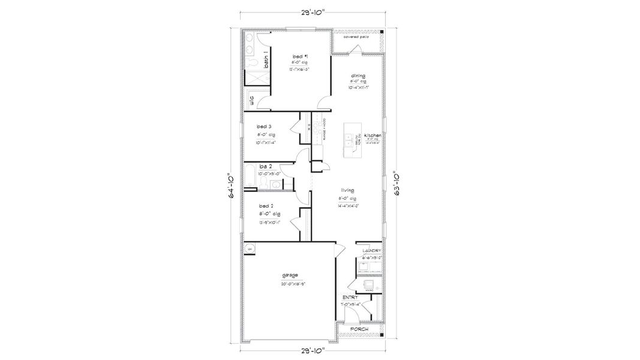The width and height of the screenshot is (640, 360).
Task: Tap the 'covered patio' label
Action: [356, 37]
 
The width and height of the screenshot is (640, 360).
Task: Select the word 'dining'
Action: [358, 76]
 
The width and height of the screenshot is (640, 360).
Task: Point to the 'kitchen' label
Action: [372, 136]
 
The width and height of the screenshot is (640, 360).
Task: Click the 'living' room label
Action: [347, 190]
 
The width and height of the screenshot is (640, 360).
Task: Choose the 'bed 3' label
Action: [265, 127]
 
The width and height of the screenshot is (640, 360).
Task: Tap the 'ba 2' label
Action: [266, 166]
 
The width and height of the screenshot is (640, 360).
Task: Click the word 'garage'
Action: [290, 275]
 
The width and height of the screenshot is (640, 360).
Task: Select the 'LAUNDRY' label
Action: [372, 250]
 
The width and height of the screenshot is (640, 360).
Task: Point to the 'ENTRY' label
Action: [350, 297]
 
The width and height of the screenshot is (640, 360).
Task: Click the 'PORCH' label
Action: [359, 329]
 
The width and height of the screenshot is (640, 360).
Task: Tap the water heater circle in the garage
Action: [250, 248]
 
